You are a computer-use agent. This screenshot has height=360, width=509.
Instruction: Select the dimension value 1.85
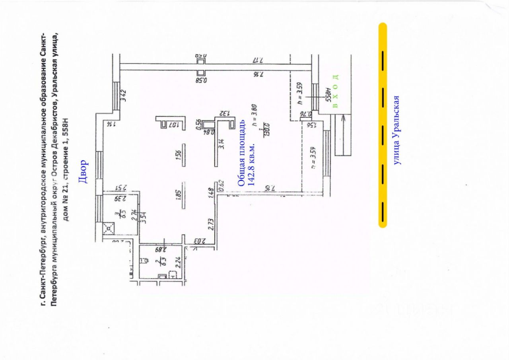coord(179,198)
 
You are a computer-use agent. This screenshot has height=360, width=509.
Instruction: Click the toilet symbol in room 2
coord(145,261)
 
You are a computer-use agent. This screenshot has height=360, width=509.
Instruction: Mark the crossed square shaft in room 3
coord(109,228)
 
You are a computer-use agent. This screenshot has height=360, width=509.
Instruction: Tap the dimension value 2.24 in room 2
coord(178,263)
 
